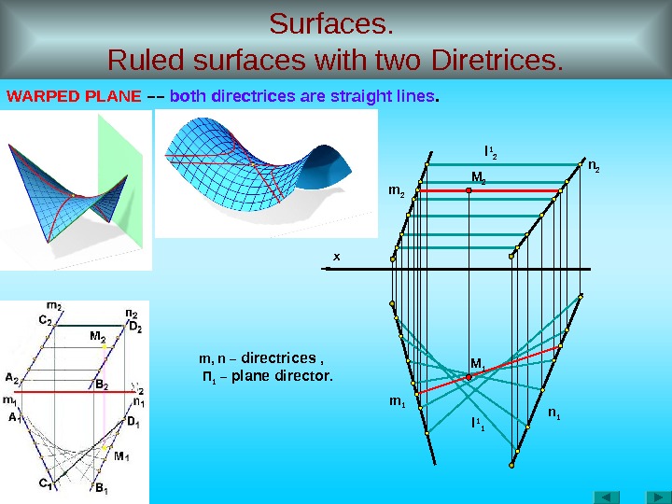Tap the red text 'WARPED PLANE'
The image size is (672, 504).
tap(74, 96)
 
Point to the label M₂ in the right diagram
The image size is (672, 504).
tap(478, 175)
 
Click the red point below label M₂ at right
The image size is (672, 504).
tap(469, 189)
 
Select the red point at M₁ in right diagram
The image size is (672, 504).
tap(469, 376)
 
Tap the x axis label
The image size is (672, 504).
tap(337, 255)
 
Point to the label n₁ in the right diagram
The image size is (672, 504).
tap(554, 412)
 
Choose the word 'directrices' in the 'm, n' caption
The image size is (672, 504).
tap(279, 357)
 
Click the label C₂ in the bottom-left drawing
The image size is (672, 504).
tap(45, 319)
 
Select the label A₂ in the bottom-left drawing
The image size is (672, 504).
tap(12, 378)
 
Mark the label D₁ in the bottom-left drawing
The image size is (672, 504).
tap(133, 423)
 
